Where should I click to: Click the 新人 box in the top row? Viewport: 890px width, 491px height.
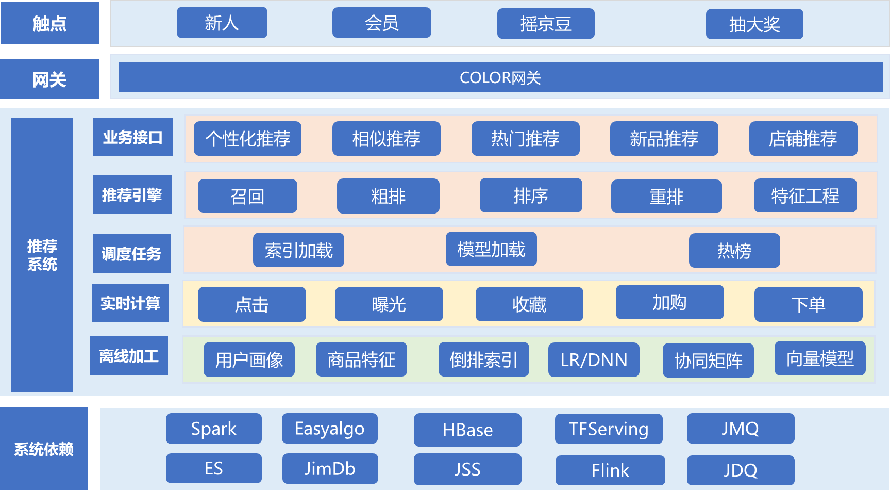click(x=222, y=23)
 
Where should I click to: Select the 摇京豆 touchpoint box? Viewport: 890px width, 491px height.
click(x=545, y=24)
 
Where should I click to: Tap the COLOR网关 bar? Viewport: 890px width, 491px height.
click(x=500, y=78)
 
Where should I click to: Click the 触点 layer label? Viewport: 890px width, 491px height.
click(x=49, y=23)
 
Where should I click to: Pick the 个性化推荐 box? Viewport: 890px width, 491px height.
click(x=247, y=139)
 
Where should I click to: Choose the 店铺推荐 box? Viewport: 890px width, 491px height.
click(x=803, y=139)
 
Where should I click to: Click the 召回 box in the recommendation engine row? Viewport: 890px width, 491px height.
click(x=247, y=196)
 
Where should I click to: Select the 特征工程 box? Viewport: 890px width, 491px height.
click(x=805, y=196)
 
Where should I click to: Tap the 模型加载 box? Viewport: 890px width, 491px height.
click(x=491, y=250)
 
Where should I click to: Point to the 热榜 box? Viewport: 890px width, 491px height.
click(x=734, y=251)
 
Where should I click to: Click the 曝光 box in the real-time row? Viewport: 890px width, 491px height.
click(x=389, y=304)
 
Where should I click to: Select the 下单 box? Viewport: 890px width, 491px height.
click(x=808, y=304)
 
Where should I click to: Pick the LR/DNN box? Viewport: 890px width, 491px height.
click(x=594, y=360)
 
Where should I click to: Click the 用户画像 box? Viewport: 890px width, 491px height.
click(x=249, y=360)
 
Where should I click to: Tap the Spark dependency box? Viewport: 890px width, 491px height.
click(x=213, y=429)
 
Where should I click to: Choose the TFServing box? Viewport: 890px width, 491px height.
click(x=609, y=429)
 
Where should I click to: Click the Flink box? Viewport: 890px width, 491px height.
click(x=610, y=470)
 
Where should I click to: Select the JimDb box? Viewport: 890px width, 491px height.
click(x=330, y=469)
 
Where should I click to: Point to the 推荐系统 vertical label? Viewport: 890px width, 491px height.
click(x=42, y=255)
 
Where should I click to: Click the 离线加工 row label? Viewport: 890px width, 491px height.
click(x=129, y=356)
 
